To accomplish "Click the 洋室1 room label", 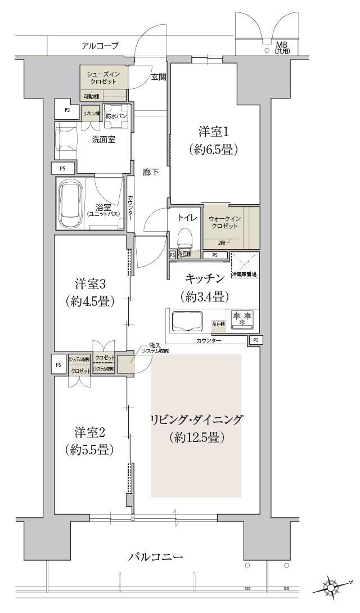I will point(213,133).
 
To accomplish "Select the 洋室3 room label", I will point(91,283).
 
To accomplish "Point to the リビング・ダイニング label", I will point(196,420).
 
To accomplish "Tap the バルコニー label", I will point(156,557).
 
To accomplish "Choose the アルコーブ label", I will point(100,46).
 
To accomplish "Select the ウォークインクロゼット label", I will point(224,223).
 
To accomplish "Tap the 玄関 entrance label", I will point(159,77).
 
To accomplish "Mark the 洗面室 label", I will point(103,139).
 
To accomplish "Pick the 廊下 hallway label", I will point(150,173).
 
